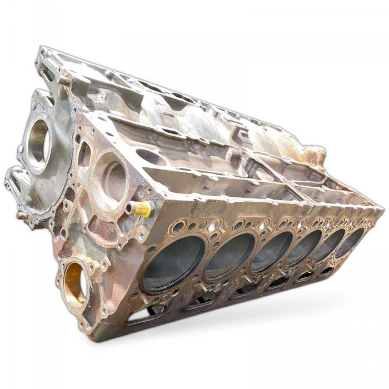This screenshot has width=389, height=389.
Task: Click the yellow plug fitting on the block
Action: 141,208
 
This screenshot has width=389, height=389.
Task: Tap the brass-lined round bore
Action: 75,282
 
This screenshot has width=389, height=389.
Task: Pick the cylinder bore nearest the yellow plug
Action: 173,263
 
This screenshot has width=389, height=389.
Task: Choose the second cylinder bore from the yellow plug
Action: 230,256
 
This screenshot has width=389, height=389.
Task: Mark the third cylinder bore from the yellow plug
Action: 272,251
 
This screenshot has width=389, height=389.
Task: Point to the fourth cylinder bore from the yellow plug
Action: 303,247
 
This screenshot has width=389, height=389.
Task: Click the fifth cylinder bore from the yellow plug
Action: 329,243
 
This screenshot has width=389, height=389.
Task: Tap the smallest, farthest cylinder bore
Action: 350,240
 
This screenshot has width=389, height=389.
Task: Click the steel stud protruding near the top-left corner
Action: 63,80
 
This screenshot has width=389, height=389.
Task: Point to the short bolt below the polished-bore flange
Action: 22,215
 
